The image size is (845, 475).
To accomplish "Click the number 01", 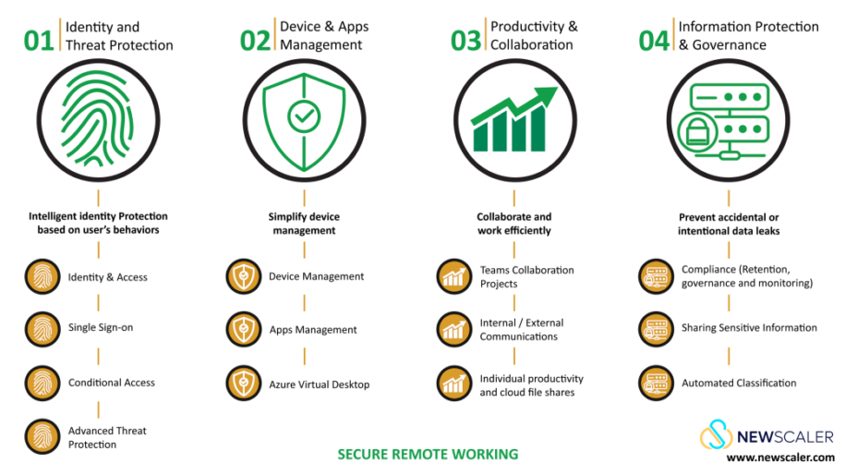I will (x=39, y=42).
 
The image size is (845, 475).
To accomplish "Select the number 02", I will (x=255, y=42).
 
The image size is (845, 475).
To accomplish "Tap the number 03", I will (x=465, y=42).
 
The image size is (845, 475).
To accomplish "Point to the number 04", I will (x=654, y=42).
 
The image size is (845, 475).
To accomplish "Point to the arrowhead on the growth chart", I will (x=549, y=93).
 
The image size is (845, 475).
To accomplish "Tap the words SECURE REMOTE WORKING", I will (x=428, y=454).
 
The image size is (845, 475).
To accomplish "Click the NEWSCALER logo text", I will (x=784, y=436).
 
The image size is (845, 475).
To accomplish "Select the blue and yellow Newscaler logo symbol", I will (x=716, y=434).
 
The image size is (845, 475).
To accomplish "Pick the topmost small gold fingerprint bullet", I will (x=42, y=275).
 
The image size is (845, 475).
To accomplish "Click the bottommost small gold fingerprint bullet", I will (x=42, y=436).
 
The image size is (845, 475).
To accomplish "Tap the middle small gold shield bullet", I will (x=244, y=329).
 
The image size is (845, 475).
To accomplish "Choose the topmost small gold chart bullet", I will (x=453, y=275).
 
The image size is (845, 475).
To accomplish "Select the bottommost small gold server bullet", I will (x=656, y=383).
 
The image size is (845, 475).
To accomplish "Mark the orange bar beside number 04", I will (x=673, y=34).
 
